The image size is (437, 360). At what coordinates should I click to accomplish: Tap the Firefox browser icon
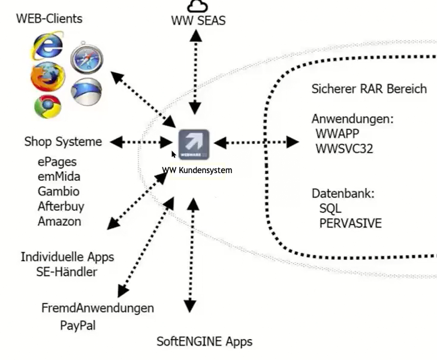pyautogui.click(x=46, y=76)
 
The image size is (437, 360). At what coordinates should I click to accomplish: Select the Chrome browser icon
pyautogui.click(x=47, y=105)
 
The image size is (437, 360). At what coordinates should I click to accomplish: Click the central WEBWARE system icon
pyautogui.click(x=194, y=144)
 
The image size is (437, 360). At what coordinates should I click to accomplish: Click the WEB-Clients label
pyautogui.click(x=49, y=19)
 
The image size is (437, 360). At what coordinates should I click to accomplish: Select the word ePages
pyautogui.click(x=57, y=162)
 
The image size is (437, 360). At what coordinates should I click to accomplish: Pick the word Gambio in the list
pyautogui.click(x=58, y=192)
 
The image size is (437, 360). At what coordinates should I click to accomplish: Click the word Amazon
pyautogui.click(x=59, y=221)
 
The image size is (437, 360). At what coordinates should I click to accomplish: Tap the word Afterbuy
pyautogui.click(x=61, y=206)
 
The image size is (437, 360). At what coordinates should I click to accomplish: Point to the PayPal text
pyautogui.click(x=77, y=326)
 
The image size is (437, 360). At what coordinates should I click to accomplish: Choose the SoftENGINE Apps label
pyautogui.click(x=204, y=342)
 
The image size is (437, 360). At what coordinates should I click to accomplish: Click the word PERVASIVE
pyautogui.click(x=350, y=223)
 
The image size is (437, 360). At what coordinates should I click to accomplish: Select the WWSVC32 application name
pyautogui.click(x=344, y=149)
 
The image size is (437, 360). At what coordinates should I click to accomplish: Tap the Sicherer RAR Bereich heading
pyautogui.click(x=369, y=89)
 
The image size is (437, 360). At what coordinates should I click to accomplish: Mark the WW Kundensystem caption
pyautogui.click(x=197, y=170)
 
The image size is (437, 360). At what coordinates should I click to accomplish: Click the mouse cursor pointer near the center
pyautogui.click(x=174, y=155)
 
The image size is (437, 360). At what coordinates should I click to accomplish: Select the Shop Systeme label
pyautogui.click(x=63, y=142)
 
